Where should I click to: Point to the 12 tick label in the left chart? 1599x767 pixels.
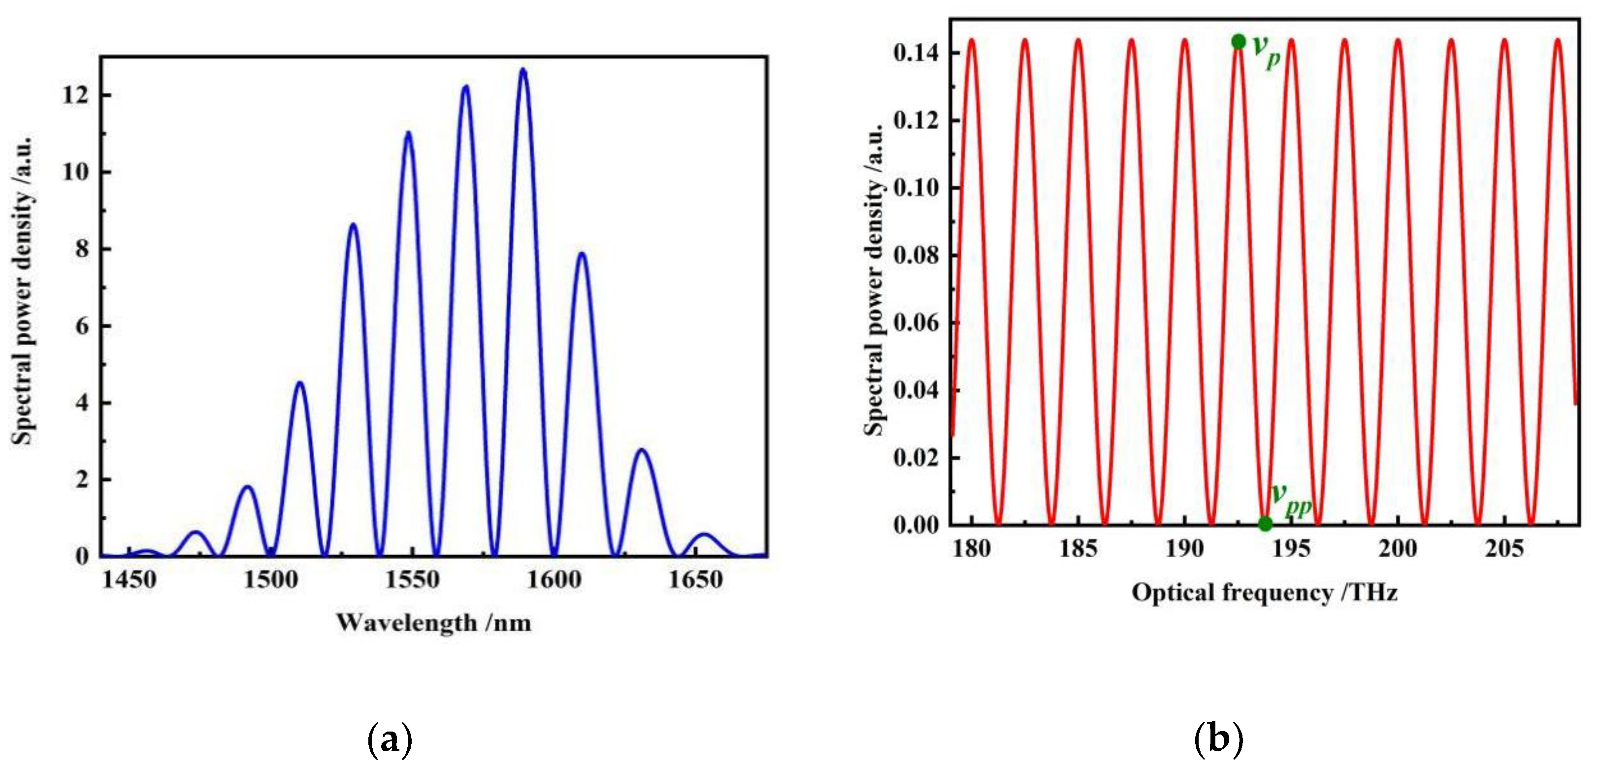77,96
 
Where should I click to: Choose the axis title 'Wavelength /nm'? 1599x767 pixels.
434,622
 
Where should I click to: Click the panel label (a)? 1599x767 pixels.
390,739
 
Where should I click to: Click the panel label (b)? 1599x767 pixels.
1218,739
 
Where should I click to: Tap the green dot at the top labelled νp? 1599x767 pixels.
1239,41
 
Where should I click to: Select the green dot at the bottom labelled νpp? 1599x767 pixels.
1265,524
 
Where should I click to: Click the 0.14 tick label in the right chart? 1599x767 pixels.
916,53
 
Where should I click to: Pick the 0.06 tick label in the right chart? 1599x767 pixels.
916,322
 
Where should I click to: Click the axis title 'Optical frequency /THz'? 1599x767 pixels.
1265,593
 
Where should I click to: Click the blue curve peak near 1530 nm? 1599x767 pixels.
353,224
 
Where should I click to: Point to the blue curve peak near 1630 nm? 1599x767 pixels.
642,450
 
